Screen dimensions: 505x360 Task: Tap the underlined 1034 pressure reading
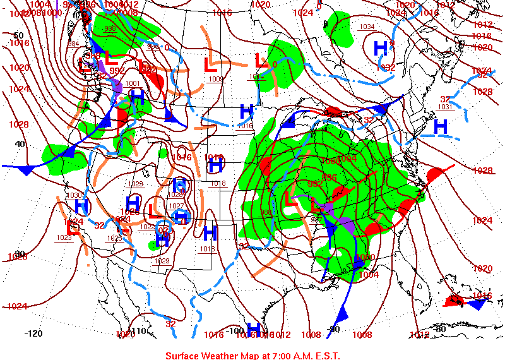point(367,27)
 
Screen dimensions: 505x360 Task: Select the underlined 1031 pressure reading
point(445,107)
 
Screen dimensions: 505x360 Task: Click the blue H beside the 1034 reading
point(380,47)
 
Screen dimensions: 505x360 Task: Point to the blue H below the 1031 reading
point(440,126)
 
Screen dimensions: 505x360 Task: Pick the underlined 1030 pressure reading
point(74,196)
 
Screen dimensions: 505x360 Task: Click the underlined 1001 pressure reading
point(133,83)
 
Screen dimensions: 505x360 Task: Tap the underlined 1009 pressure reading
point(216,79)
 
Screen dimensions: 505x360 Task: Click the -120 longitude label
point(33,333)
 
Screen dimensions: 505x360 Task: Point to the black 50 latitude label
point(18,35)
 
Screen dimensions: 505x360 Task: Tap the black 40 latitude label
point(20,144)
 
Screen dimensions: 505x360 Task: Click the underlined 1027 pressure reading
point(176,206)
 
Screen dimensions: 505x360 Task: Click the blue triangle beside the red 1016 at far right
point(477,304)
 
